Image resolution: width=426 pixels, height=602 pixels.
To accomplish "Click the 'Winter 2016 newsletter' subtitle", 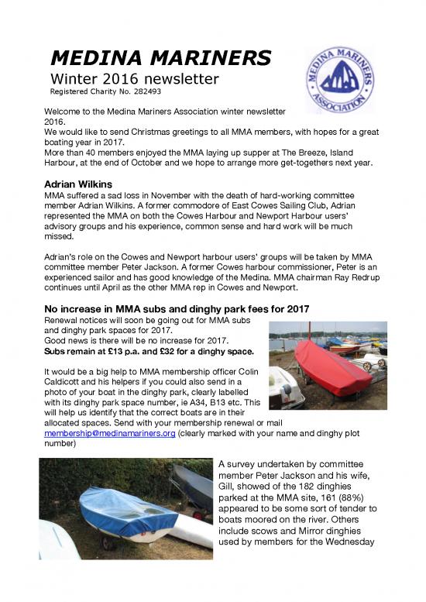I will [x=135, y=78].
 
